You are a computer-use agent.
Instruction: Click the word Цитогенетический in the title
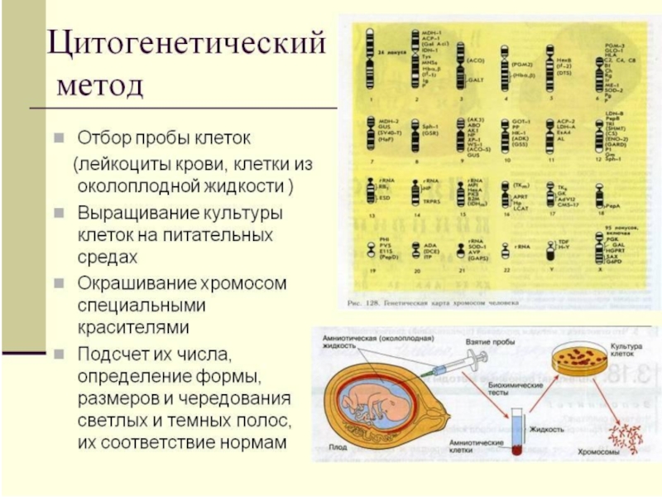pos(184,44)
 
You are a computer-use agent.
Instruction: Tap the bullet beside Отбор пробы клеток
pos(60,135)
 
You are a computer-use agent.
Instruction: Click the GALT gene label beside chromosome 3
pos(475,80)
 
